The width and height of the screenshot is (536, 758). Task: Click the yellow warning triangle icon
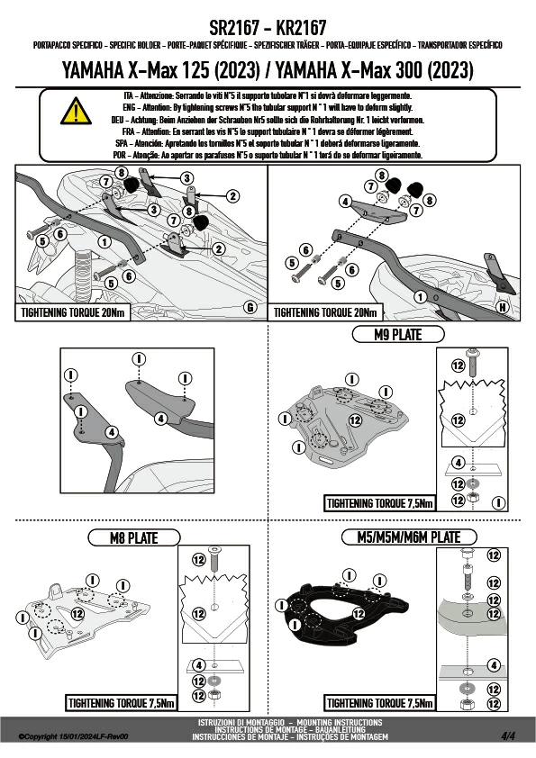[x=76, y=112]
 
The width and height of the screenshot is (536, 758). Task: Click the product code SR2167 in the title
[x=234, y=28]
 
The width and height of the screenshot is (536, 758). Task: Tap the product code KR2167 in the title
[x=302, y=28]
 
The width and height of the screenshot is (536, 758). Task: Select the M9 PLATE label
[x=397, y=335]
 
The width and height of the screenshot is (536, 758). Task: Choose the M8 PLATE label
[x=134, y=538]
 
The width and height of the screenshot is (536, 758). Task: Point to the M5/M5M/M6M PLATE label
[x=409, y=537]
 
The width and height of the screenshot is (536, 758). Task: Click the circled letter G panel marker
[x=250, y=307]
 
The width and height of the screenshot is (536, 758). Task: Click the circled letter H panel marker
[x=503, y=307]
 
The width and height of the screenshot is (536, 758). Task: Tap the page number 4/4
[x=508, y=735]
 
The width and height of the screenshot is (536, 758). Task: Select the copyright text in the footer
[x=73, y=736]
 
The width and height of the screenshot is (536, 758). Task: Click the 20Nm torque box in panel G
[x=73, y=312]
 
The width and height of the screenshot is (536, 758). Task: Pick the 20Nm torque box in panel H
[x=325, y=312]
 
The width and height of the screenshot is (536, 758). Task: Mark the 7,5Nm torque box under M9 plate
[x=380, y=503]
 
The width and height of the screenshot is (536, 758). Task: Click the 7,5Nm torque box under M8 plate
[x=121, y=703]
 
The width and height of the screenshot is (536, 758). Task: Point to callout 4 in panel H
[x=345, y=201]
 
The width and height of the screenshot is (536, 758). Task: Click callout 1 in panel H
[x=421, y=297]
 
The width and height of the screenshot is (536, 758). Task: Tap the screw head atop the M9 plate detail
[x=473, y=353]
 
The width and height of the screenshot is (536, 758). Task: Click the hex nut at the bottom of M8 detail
[x=213, y=696]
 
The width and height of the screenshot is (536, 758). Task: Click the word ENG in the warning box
[x=129, y=108]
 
